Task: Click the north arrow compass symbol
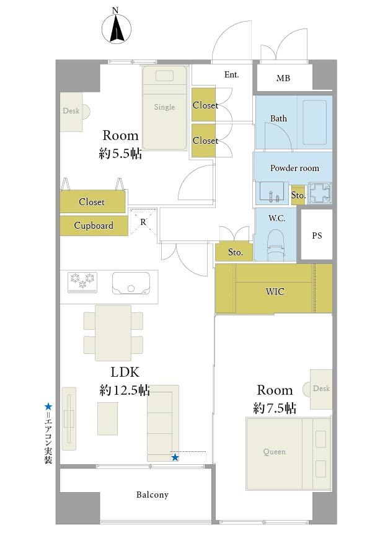pos(117,29)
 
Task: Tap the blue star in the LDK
pos(175,457)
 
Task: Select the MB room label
pos(283,78)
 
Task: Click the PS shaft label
pos(317,236)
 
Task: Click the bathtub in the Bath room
pos(314,122)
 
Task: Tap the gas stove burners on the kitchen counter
pos(82,282)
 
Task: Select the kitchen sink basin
pos(131,283)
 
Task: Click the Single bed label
pos(164,107)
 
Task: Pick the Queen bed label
pos(274,452)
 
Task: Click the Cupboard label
pos(94,226)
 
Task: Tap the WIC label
pos(275,291)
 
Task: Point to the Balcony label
pos(152,495)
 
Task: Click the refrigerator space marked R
pos(143,222)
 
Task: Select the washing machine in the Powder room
pos(319,193)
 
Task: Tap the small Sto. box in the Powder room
pos(298,195)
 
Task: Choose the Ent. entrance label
pos(231,74)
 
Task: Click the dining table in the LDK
pos(113,333)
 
